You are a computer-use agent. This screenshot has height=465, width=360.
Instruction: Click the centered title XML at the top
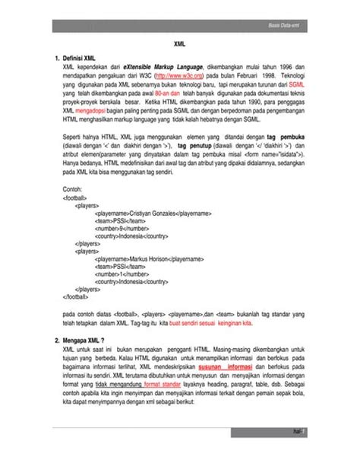coord(181,45)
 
